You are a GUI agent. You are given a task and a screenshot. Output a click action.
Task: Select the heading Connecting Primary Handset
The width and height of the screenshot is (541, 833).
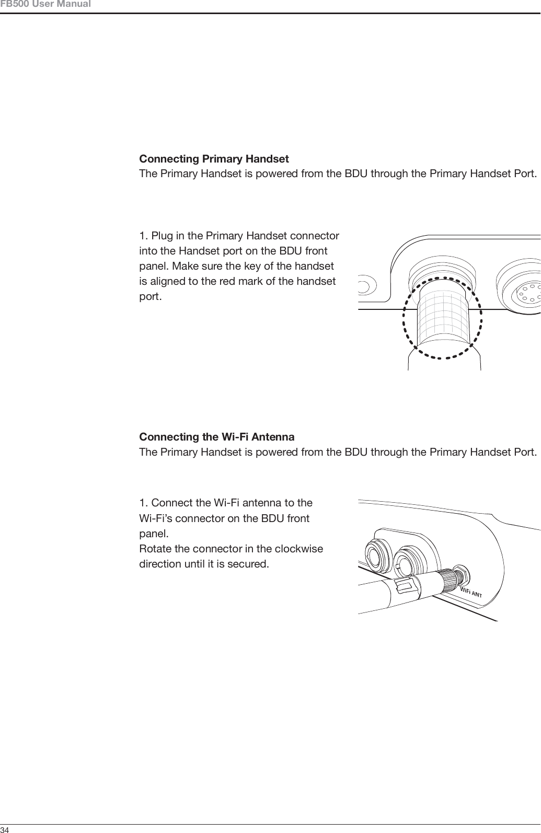coord(214,158)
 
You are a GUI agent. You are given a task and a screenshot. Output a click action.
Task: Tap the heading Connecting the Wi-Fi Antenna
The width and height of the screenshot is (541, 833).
coord(216,436)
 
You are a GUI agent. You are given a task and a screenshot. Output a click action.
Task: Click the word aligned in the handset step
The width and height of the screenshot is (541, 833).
coord(168,281)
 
